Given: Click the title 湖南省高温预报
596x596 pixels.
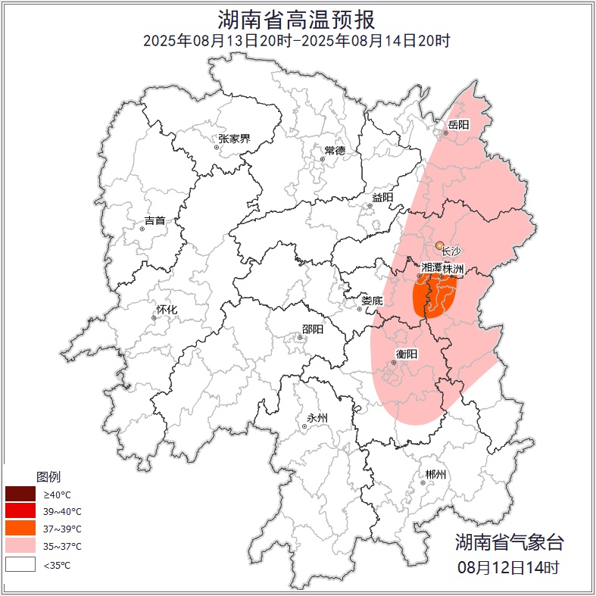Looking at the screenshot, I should click(x=297, y=19).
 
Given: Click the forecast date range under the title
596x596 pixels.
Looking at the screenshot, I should click(x=297, y=40).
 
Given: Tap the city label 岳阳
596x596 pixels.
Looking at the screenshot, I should click(x=458, y=124).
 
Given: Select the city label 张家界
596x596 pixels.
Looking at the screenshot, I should click(x=234, y=139).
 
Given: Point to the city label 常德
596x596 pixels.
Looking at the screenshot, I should click(x=335, y=150).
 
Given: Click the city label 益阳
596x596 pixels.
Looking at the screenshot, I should click(x=382, y=198).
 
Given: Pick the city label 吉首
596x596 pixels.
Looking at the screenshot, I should click(x=154, y=220).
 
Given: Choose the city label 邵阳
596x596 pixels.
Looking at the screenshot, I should click(x=312, y=329).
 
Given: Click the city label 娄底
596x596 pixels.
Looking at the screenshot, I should click(x=372, y=301).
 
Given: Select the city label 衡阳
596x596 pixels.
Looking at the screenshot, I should click(x=407, y=354).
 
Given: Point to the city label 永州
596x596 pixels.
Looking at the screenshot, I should click(x=317, y=418).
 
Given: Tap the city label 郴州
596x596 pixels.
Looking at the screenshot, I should click(x=435, y=475).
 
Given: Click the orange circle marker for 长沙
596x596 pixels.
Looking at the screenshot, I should click(x=439, y=245).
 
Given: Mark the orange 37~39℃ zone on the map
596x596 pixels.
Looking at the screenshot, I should click(x=434, y=297).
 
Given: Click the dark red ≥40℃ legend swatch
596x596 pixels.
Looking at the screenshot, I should click(x=20, y=494).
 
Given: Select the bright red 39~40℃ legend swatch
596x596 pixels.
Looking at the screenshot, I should click(x=20, y=511).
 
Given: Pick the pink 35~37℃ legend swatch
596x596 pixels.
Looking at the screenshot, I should click(x=20, y=545).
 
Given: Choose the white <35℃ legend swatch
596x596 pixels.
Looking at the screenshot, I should click(x=20, y=564).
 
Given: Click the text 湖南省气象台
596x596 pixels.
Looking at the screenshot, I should click(x=509, y=541).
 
